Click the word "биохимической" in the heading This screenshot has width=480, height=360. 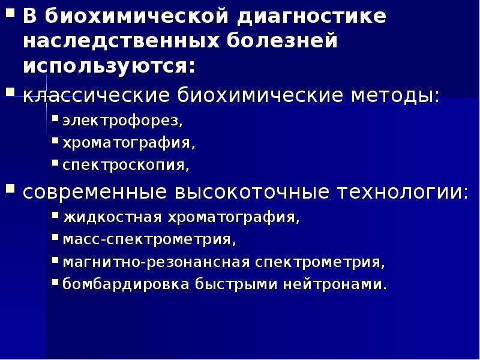(136, 16)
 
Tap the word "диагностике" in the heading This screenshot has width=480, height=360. (312, 17)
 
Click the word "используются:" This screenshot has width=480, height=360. (109, 65)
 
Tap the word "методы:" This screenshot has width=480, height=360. (395, 95)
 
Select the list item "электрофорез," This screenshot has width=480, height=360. (123, 121)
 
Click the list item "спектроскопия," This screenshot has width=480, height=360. (126, 165)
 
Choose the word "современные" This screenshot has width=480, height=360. (95, 192)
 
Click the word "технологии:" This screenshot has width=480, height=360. (403, 192)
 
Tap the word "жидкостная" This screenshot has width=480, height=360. (112, 217)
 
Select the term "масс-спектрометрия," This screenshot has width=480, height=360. (149, 239)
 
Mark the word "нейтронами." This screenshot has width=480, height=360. (335, 284)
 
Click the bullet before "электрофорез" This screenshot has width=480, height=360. (55, 118)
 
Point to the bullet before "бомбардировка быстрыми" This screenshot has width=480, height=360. (55, 281)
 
